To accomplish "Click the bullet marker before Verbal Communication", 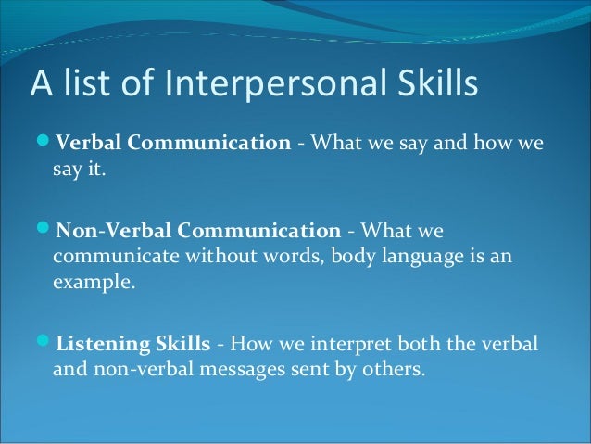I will [45, 144].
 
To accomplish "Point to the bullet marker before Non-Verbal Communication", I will [45, 230].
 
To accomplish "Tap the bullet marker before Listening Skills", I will [45, 346].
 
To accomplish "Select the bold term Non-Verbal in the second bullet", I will [106, 230].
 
